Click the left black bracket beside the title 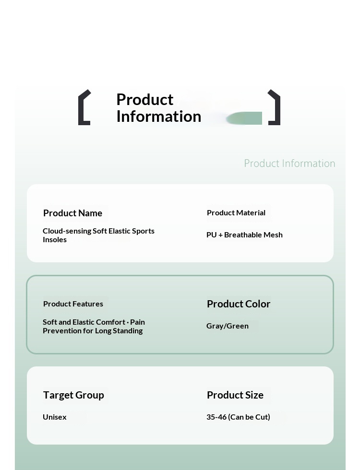[83, 107]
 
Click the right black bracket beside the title [275, 107]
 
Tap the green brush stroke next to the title [245, 118]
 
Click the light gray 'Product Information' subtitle [289, 164]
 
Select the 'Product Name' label [72, 213]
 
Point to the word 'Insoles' [55, 239]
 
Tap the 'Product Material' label [236, 212]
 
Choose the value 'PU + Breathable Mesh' [244, 235]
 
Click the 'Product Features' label [73, 304]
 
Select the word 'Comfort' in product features [113, 322]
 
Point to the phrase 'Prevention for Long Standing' [93, 330]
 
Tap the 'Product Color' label [239, 304]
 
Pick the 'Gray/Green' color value [228, 326]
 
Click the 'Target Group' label [73, 395]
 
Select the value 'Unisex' [55, 417]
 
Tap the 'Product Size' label [235, 395]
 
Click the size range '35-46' [216, 417]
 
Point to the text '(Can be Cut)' [249, 417]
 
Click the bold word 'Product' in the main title [144, 99]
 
